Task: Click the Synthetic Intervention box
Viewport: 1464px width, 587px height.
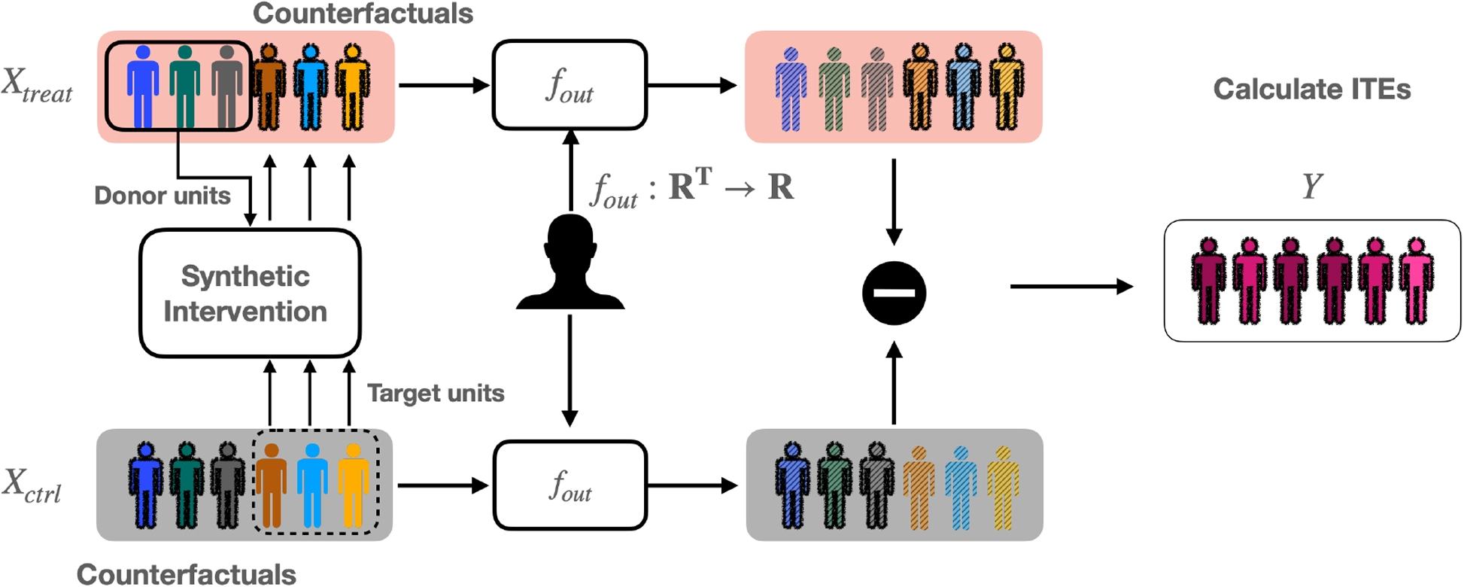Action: click(x=250, y=293)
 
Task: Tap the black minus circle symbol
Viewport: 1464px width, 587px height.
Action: click(x=894, y=293)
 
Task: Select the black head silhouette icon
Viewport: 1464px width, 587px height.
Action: click(x=570, y=263)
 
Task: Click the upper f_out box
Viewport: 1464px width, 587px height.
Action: click(x=570, y=85)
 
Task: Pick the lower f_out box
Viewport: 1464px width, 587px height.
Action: click(x=570, y=485)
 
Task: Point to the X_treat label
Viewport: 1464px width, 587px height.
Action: click(x=36, y=85)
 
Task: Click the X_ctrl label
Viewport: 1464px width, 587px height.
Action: click(x=32, y=485)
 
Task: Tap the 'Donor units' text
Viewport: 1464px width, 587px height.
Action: click(x=162, y=196)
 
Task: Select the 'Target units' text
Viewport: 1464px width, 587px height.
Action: click(x=436, y=393)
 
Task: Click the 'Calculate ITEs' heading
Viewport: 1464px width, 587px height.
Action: click(x=1311, y=89)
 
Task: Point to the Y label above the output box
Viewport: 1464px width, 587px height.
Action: click(x=1311, y=185)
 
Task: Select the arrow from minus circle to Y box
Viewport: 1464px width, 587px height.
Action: click(x=1071, y=287)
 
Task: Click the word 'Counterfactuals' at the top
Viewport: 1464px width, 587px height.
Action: click(x=363, y=13)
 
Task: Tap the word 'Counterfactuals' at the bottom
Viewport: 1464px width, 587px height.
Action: click(x=186, y=574)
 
